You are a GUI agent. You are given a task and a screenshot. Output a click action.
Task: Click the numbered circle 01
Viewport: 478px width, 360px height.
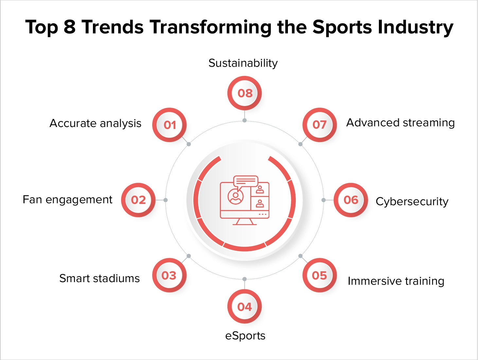[169, 125]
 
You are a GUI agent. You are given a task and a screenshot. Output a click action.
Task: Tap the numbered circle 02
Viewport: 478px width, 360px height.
[138, 200]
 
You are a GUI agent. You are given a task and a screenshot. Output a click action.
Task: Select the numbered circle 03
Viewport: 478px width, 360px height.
[169, 275]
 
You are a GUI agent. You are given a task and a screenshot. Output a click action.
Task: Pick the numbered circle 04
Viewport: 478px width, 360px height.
[244, 307]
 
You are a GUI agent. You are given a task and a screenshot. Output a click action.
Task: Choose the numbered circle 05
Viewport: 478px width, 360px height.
[319, 275]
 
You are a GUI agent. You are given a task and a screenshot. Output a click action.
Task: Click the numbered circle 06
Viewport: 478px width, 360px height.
[351, 200]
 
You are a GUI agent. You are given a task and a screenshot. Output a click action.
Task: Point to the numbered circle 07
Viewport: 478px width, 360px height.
[319, 125]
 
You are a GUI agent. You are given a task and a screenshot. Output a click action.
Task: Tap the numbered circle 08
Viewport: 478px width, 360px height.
[245, 93]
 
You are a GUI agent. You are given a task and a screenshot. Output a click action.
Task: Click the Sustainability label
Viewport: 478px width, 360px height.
[243, 63]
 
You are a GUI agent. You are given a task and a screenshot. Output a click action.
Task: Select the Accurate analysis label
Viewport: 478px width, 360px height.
[96, 123]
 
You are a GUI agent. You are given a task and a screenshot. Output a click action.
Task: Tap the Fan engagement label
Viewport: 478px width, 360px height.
[67, 200]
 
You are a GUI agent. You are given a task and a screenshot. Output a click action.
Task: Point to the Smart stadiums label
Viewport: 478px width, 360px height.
[99, 279]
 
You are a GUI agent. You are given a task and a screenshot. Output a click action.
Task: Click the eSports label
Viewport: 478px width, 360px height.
[245, 336]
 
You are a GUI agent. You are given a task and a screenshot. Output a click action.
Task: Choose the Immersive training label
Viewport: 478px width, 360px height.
[396, 281]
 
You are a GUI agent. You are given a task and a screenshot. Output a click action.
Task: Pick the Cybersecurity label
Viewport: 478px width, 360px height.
[412, 202]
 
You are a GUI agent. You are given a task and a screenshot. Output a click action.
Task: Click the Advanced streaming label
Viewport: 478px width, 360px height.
[400, 123]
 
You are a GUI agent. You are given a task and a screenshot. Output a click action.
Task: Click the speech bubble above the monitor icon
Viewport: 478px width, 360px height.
[246, 181]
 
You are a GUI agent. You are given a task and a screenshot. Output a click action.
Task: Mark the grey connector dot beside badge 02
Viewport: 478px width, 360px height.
[166, 200]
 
